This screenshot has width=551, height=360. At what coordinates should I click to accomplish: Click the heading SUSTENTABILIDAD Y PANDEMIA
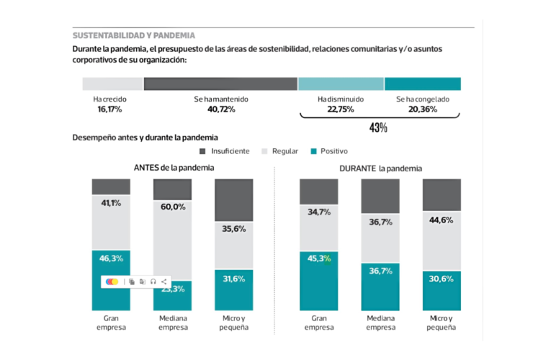(x=133, y=35)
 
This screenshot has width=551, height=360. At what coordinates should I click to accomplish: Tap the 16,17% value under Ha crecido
(x=107, y=109)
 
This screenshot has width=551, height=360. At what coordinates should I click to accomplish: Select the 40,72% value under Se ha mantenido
(x=220, y=109)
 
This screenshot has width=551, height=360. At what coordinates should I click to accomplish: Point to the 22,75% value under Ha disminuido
(x=341, y=109)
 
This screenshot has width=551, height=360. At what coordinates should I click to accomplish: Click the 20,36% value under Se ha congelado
(x=422, y=109)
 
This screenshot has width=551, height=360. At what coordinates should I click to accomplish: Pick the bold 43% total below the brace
(x=378, y=128)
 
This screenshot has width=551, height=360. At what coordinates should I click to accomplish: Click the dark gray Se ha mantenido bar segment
(x=220, y=84)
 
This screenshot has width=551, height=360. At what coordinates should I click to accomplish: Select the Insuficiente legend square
(x=203, y=151)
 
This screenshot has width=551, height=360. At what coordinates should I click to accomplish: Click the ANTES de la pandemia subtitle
(x=174, y=168)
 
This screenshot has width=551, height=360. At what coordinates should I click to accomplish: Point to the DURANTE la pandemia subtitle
(x=380, y=168)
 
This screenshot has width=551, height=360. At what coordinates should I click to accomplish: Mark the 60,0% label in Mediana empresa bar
(x=173, y=207)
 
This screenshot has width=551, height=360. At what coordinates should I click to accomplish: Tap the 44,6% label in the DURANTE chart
(x=441, y=220)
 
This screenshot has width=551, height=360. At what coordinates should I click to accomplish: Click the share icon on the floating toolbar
(x=164, y=282)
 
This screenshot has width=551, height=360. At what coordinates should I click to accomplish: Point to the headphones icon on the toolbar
(x=153, y=282)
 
